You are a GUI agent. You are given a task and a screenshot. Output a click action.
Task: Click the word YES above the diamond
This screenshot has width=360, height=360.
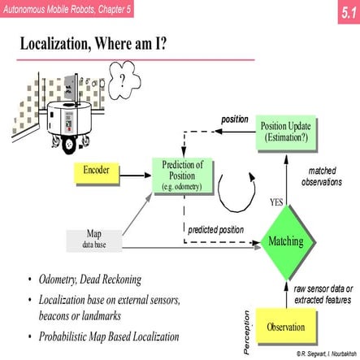(x=275, y=201)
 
